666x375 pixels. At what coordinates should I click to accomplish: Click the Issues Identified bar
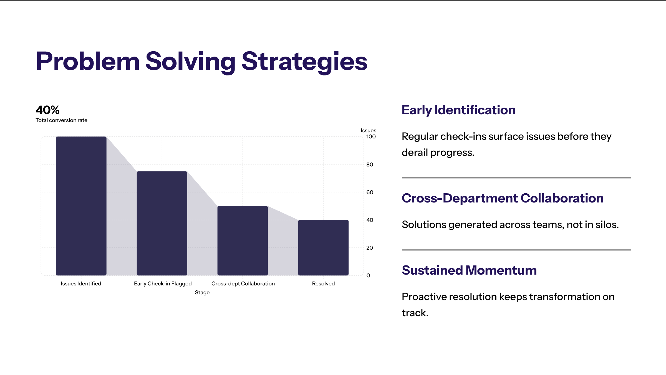pyautogui.click(x=81, y=206)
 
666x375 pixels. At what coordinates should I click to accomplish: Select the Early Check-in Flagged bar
pyautogui.click(x=162, y=223)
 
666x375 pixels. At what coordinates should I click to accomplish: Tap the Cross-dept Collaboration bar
pyautogui.click(x=243, y=241)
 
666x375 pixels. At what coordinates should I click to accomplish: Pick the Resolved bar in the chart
pyautogui.click(x=323, y=248)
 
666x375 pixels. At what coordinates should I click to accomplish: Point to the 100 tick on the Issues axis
pyautogui.click(x=371, y=136)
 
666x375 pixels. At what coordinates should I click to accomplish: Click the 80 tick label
pyautogui.click(x=370, y=164)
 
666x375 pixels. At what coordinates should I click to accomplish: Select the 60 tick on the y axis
pyautogui.click(x=370, y=192)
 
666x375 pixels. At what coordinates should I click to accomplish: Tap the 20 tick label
pyautogui.click(x=370, y=248)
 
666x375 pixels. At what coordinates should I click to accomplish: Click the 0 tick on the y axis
pyautogui.click(x=368, y=275)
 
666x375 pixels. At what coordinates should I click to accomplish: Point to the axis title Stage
pyautogui.click(x=202, y=292)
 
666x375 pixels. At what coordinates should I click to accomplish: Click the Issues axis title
pyautogui.click(x=369, y=130)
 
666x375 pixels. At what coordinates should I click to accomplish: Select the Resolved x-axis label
pyautogui.click(x=323, y=283)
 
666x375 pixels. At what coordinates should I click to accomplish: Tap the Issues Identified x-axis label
pyautogui.click(x=81, y=283)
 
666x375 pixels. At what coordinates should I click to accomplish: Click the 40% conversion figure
pyautogui.click(x=47, y=110)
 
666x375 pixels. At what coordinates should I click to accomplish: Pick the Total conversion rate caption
pyautogui.click(x=61, y=120)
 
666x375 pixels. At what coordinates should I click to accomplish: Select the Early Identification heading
pyautogui.click(x=459, y=110)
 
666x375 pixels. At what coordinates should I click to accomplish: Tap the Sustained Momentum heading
pyautogui.click(x=469, y=270)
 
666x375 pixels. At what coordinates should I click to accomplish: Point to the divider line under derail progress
pyautogui.click(x=516, y=178)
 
